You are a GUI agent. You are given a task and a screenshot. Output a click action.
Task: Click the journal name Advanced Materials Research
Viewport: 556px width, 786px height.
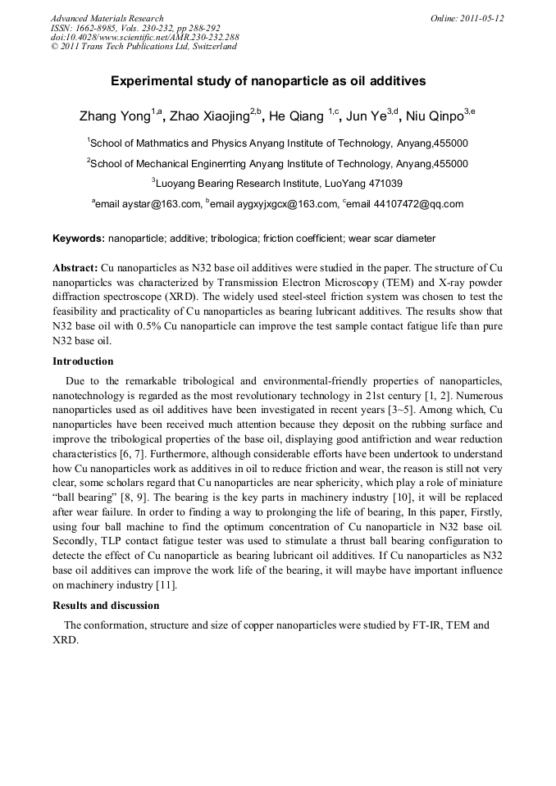(107, 18)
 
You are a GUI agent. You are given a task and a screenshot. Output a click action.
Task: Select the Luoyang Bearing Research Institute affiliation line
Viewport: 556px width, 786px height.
(278, 184)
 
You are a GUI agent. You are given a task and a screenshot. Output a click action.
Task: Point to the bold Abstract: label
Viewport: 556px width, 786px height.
(75, 268)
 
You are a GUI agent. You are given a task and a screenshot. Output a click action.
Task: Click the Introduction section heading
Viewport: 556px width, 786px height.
(83, 361)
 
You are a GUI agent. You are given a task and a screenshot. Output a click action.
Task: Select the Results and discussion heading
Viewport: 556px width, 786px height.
(106, 606)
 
